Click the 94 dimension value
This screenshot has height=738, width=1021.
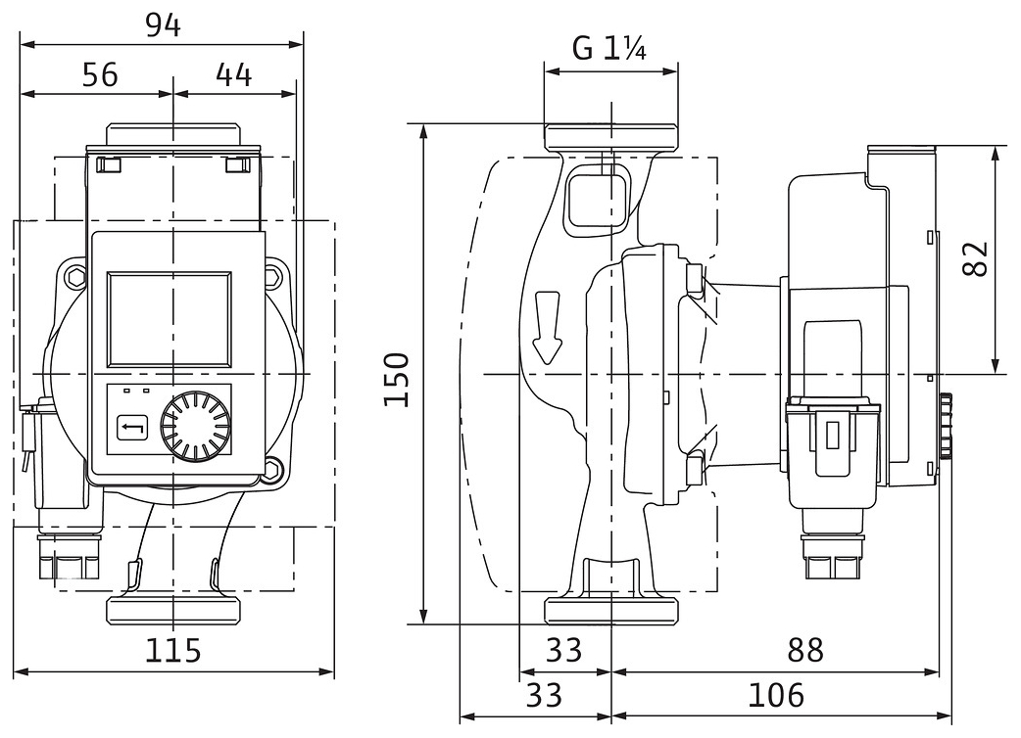pyautogui.click(x=163, y=25)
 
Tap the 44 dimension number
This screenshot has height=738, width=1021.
pyautogui.click(x=231, y=74)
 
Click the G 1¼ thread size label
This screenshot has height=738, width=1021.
pyautogui.click(x=608, y=48)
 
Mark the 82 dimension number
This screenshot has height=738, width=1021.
pyautogui.click(x=974, y=258)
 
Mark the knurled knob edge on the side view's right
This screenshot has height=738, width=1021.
pyautogui.click(x=946, y=427)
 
